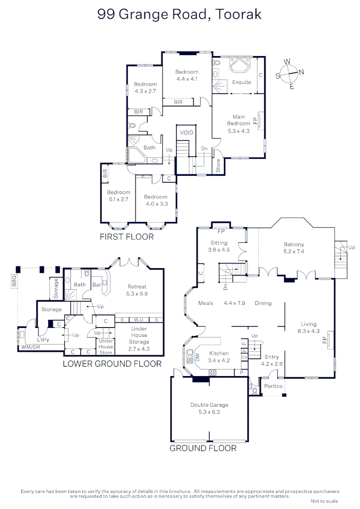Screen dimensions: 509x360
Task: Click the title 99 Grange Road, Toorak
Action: [x=180, y=15]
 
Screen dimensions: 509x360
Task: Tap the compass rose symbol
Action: [x=290, y=74]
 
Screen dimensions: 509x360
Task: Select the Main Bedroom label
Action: [x=238, y=123]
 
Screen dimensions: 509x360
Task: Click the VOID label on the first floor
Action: [x=187, y=132]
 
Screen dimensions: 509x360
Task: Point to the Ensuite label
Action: [x=242, y=82]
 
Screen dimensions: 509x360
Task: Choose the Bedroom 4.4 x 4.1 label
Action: [x=187, y=75]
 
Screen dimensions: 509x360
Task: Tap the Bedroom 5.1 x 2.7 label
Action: [x=118, y=196]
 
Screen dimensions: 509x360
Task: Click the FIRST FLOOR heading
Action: [x=127, y=237]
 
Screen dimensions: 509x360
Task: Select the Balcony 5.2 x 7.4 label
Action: [x=294, y=248]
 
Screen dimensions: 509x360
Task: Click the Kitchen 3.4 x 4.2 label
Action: [x=219, y=357]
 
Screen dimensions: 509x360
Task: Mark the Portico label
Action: [x=273, y=386]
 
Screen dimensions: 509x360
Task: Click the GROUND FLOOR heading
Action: [x=203, y=448]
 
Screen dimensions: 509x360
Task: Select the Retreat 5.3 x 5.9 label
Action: [x=137, y=290]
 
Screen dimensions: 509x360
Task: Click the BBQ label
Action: [x=14, y=281]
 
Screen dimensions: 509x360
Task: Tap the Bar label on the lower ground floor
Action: [x=97, y=285]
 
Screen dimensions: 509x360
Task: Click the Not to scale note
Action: [x=324, y=501]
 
